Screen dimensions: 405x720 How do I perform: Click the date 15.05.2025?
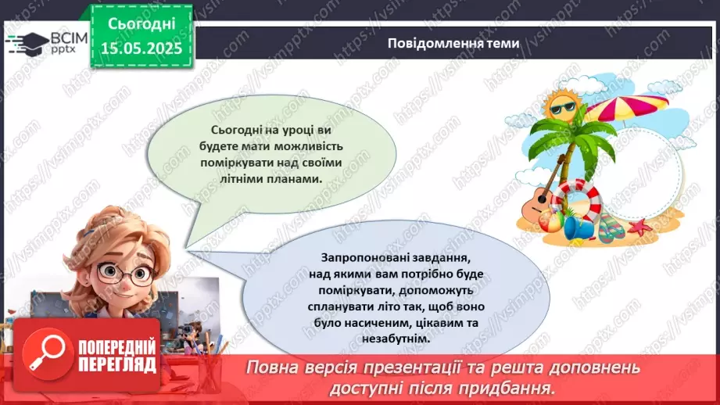141,48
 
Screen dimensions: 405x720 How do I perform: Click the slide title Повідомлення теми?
453,43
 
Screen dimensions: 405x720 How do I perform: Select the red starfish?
639,228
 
